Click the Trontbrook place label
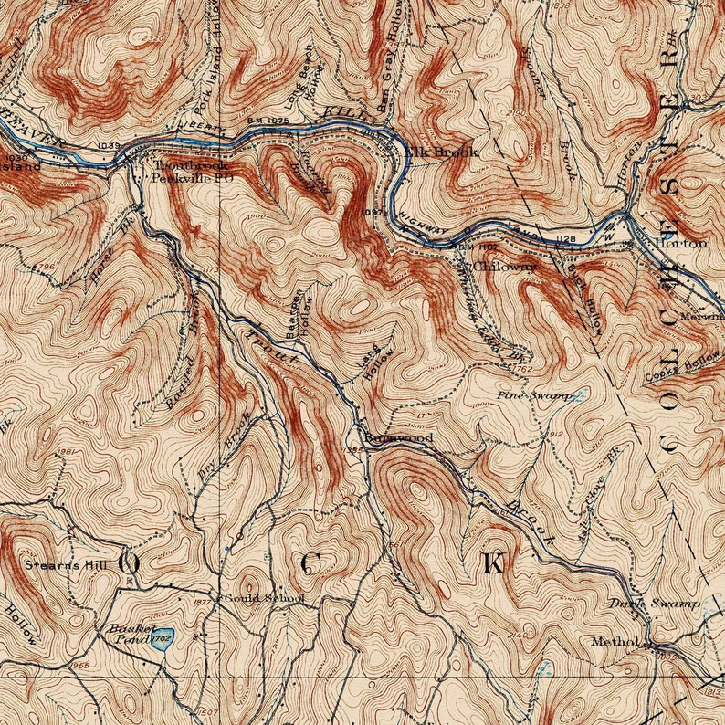(x=190, y=165)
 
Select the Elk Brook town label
(x=442, y=152)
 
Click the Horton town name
(x=680, y=244)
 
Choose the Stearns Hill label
(x=65, y=565)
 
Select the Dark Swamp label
(x=655, y=604)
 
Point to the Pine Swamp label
(x=533, y=395)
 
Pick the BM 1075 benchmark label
(x=268, y=120)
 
